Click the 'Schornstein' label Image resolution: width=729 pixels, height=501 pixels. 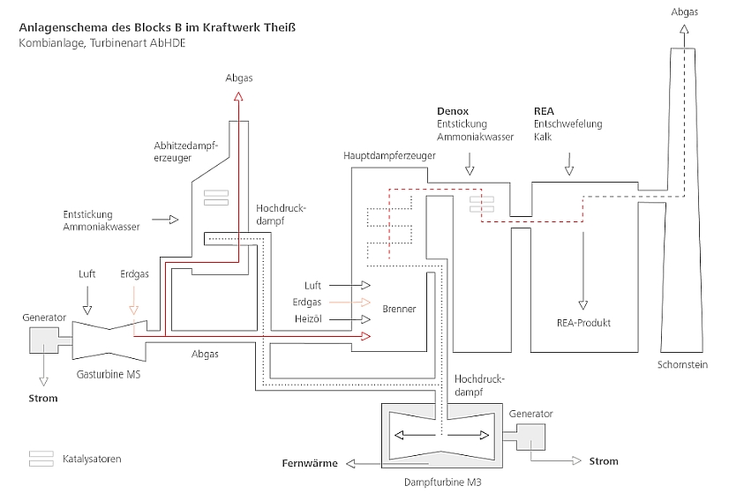coord(682,364)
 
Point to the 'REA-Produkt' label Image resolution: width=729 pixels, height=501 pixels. coord(583,323)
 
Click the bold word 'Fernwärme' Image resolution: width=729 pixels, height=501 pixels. coord(310,463)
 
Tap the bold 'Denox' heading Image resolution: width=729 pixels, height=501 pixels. coord(453,111)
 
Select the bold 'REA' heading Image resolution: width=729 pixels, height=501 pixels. coord(544,111)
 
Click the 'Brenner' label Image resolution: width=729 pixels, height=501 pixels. coord(399,310)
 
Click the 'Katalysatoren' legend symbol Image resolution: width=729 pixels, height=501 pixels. coord(41,459)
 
